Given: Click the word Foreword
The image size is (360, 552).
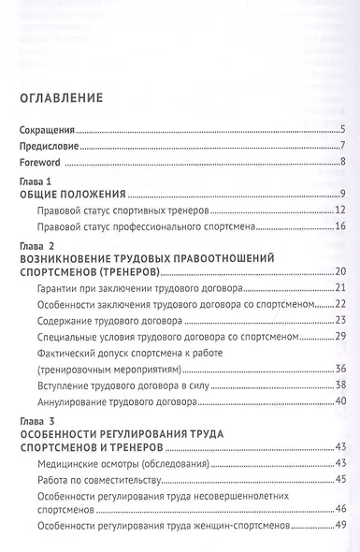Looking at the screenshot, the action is pyautogui.click(x=38, y=162).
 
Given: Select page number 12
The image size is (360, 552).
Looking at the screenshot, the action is pyautogui.click(x=341, y=211).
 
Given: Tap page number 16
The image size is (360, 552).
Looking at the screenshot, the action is pyautogui.click(x=341, y=227).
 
